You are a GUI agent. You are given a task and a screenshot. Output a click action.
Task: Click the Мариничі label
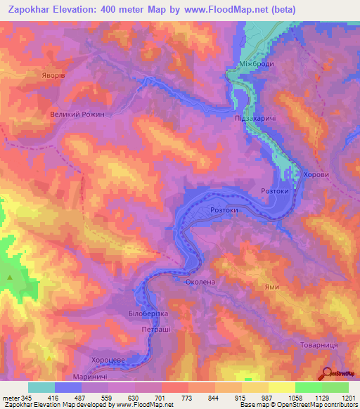coord(89,377)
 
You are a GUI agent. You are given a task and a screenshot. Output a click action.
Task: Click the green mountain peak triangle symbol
coord(10,278)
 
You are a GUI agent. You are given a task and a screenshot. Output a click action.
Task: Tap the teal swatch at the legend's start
coord(41,387)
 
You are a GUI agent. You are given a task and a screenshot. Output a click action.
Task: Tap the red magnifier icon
coord(328,373)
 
